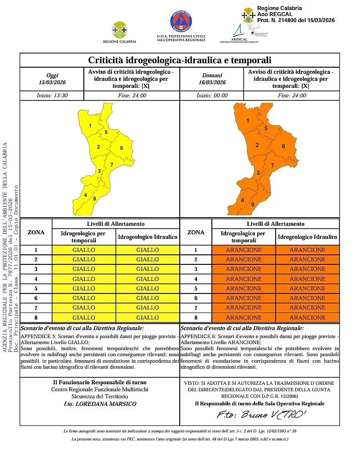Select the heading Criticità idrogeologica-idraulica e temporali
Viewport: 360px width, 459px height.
[179, 61]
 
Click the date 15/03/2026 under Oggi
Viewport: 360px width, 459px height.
[52, 82]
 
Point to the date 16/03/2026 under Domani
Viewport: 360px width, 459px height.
[212, 82]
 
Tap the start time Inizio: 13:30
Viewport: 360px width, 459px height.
[52, 95]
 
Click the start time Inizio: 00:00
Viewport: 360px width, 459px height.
[212, 95]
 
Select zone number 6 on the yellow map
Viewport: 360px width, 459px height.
[122, 148]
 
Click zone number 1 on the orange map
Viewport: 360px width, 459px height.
[248, 121]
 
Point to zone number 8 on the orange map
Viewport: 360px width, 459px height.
[253, 204]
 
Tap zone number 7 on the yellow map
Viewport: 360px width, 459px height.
[111, 165]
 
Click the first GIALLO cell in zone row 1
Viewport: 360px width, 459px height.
[84, 250]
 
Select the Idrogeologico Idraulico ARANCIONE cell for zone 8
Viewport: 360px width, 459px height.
[307, 318]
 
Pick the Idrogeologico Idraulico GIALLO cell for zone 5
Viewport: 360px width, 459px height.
[148, 288]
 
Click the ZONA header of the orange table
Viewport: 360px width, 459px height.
[196, 232]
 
